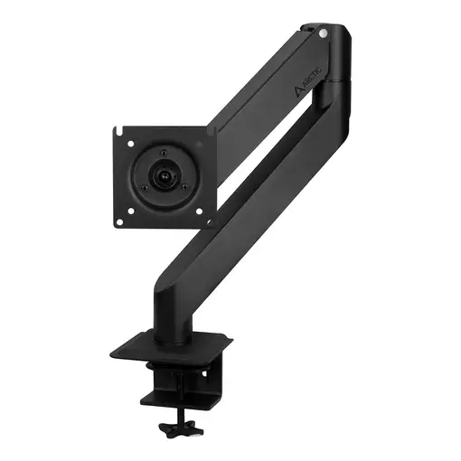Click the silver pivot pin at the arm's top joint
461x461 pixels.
click(x=323, y=33)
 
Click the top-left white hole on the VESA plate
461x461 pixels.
click(x=131, y=142)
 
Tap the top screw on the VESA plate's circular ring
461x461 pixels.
click(x=165, y=148)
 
